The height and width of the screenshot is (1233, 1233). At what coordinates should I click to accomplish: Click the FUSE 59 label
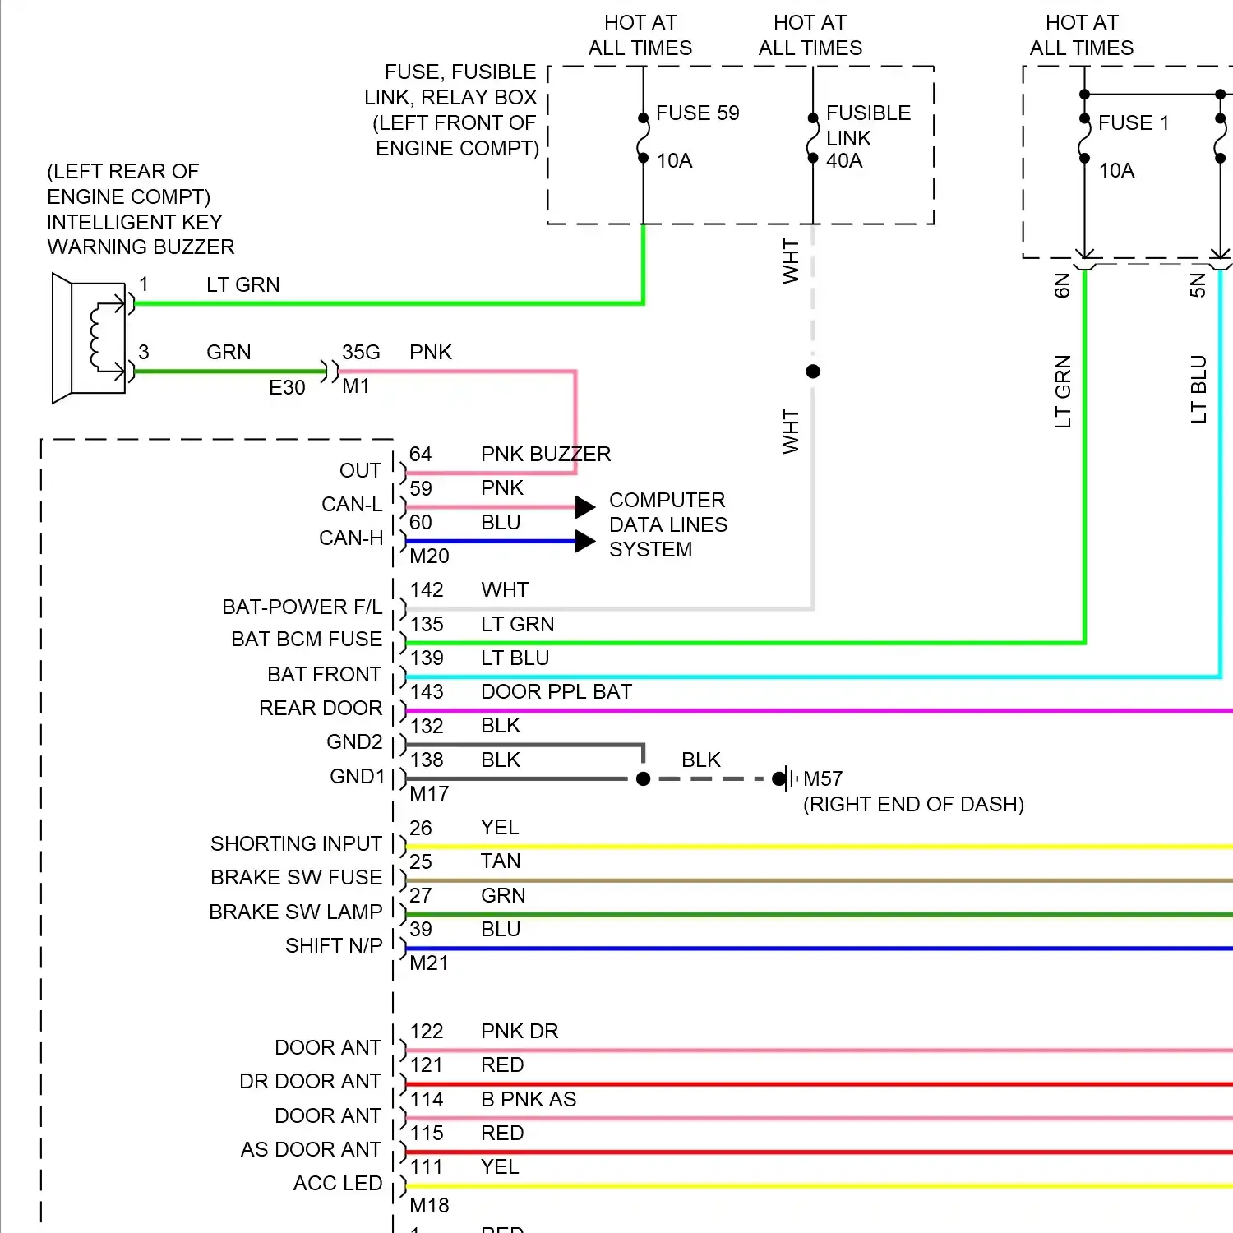(697, 113)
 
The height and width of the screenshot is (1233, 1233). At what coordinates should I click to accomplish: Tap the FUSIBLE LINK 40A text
(867, 136)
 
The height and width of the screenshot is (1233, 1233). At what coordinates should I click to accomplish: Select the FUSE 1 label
(1133, 122)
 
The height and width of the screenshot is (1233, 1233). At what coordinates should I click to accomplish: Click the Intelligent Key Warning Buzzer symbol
(89, 338)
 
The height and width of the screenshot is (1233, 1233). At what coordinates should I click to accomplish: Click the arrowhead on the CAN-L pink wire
(585, 507)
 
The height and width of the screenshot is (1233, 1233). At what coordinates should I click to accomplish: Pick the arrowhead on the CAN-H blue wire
(585, 541)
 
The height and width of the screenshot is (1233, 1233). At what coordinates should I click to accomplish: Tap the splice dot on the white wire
(813, 372)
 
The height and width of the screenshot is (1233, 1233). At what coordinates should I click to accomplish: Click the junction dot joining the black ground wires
(644, 778)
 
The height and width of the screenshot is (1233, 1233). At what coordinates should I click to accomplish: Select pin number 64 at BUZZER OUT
(421, 455)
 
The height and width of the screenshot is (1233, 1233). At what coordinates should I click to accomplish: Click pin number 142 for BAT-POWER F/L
(427, 590)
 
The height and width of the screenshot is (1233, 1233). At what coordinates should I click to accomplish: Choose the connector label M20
(429, 556)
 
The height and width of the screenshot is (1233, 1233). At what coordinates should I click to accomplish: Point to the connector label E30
(287, 387)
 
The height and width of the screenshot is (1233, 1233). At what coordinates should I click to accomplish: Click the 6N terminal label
(1062, 285)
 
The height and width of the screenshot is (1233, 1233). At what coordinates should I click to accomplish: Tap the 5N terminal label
(1198, 285)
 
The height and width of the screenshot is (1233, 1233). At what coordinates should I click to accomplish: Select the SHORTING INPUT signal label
(296, 843)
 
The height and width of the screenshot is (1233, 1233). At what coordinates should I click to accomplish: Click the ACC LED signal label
(337, 1183)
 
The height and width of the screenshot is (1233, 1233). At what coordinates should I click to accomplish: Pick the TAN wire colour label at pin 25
(501, 861)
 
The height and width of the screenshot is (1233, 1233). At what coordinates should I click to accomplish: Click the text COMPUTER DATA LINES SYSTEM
(667, 524)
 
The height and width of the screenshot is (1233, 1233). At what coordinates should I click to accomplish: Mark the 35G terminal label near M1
(361, 353)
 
